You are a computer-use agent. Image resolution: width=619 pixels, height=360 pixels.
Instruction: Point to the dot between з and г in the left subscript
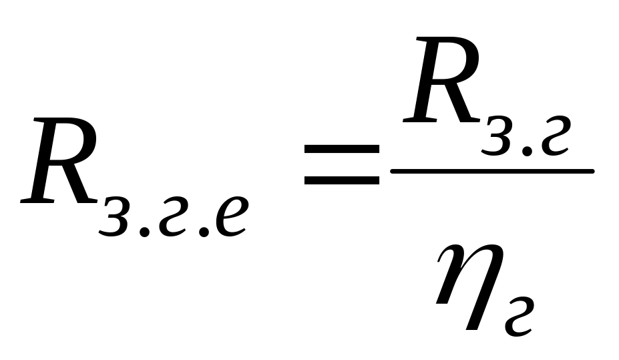[x=144, y=231]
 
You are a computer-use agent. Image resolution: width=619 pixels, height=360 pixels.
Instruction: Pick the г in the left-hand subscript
[x=172, y=216]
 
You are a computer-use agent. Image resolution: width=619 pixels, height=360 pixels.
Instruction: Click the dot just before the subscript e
[x=203, y=231]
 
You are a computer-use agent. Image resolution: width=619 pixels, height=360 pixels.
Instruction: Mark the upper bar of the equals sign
[x=341, y=149]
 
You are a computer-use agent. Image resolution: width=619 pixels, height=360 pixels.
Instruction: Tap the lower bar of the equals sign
[x=341, y=180]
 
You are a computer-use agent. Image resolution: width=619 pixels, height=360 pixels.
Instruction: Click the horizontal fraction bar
[x=492, y=171]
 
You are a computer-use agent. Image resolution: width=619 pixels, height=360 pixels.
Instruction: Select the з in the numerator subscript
[x=497, y=136]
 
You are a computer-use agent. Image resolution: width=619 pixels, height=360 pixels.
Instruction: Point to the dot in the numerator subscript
[x=527, y=151]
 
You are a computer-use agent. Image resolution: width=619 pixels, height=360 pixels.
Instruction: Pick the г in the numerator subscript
[x=555, y=136]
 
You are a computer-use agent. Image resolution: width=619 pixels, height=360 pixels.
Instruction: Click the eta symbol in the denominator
[x=470, y=286]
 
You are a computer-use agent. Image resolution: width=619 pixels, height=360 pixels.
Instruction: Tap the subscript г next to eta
[x=520, y=317]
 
